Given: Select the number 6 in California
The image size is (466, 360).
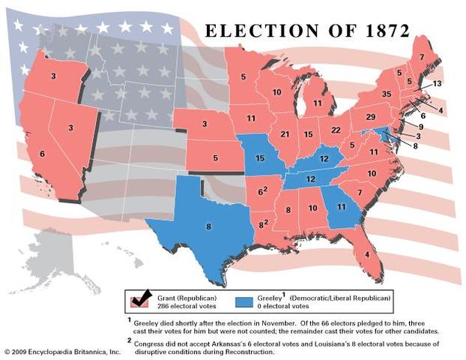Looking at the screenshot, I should (x=42, y=154).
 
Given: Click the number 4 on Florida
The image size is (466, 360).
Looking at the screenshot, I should (x=366, y=253).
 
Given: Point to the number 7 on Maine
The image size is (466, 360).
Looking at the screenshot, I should (x=421, y=58).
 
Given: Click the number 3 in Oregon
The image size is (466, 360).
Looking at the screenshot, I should (x=53, y=76).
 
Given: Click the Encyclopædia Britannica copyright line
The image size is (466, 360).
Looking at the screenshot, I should (x=61, y=351).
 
